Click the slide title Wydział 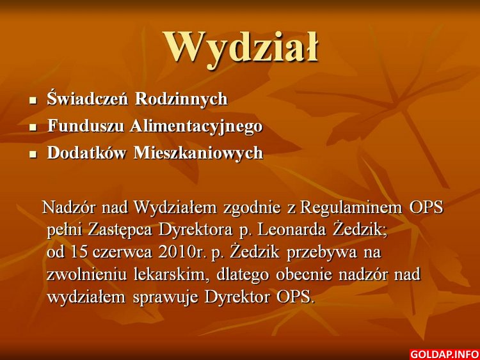pyautogui.click(x=241, y=49)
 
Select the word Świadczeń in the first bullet pyautogui.click(x=87, y=98)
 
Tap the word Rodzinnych pyautogui.click(x=182, y=99)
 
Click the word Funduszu pyautogui.click(x=85, y=125)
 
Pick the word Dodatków pyautogui.click(x=86, y=152)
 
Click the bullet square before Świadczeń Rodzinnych pyautogui.click(x=33, y=100)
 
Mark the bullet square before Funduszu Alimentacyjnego pyautogui.click(x=33, y=127)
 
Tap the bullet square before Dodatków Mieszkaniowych pyautogui.click(x=33, y=154)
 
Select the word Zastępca pyautogui.click(x=120, y=231)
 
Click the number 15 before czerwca pyautogui.click(x=79, y=253)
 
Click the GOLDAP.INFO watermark pyautogui.click(x=445, y=354)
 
